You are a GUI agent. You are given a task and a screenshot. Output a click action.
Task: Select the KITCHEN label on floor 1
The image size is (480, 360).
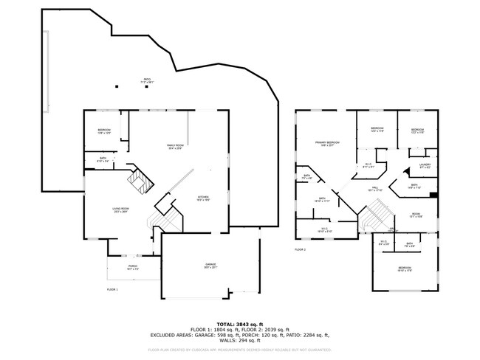[203, 198]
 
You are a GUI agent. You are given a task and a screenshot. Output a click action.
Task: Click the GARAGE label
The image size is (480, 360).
[210, 266]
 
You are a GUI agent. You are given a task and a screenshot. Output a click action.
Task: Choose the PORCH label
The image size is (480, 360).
[133, 267]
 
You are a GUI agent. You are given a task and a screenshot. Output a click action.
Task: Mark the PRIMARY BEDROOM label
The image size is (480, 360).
[328, 143]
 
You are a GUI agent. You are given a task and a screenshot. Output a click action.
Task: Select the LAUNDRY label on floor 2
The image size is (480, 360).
[425, 166]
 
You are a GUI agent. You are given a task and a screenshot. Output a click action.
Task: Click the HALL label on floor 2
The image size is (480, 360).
[374, 190]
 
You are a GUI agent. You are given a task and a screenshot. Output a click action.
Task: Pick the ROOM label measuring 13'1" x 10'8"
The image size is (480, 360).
[416, 215]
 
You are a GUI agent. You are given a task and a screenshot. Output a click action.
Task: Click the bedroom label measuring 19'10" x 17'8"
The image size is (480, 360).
[405, 269]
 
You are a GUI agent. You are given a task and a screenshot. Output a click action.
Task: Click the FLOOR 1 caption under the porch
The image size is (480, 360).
[112, 288]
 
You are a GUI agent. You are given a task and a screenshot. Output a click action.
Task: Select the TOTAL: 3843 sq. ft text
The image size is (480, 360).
[240, 322]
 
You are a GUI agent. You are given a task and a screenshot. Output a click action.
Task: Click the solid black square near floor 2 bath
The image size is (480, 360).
[433, 195]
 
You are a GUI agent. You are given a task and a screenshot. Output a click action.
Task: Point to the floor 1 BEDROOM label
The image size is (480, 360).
[104, 132]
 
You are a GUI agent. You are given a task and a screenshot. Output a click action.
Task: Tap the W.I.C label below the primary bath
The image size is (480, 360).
[325, 230]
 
